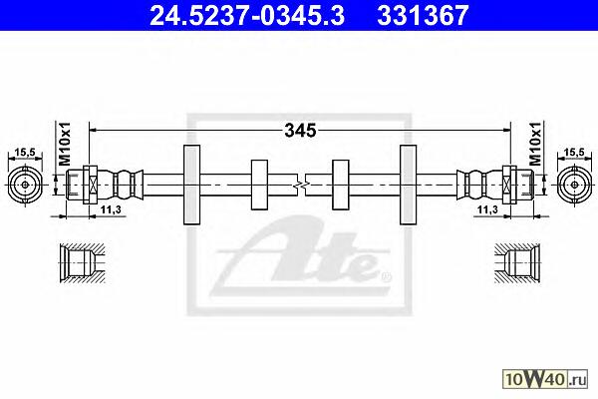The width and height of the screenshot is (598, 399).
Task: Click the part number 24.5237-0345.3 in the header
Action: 247,15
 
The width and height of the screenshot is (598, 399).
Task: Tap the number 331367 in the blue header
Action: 423,15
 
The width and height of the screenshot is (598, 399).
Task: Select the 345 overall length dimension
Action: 301,131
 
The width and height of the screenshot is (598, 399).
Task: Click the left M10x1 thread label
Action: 65,144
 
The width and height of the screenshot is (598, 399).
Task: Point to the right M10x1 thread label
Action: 535,144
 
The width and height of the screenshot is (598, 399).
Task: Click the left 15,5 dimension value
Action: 25,153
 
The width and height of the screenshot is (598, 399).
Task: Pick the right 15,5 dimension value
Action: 574,152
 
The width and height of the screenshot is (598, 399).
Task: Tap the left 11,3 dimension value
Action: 111,209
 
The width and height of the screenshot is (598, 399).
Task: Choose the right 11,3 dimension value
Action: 487,209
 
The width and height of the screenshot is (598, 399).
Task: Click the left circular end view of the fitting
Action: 25,185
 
